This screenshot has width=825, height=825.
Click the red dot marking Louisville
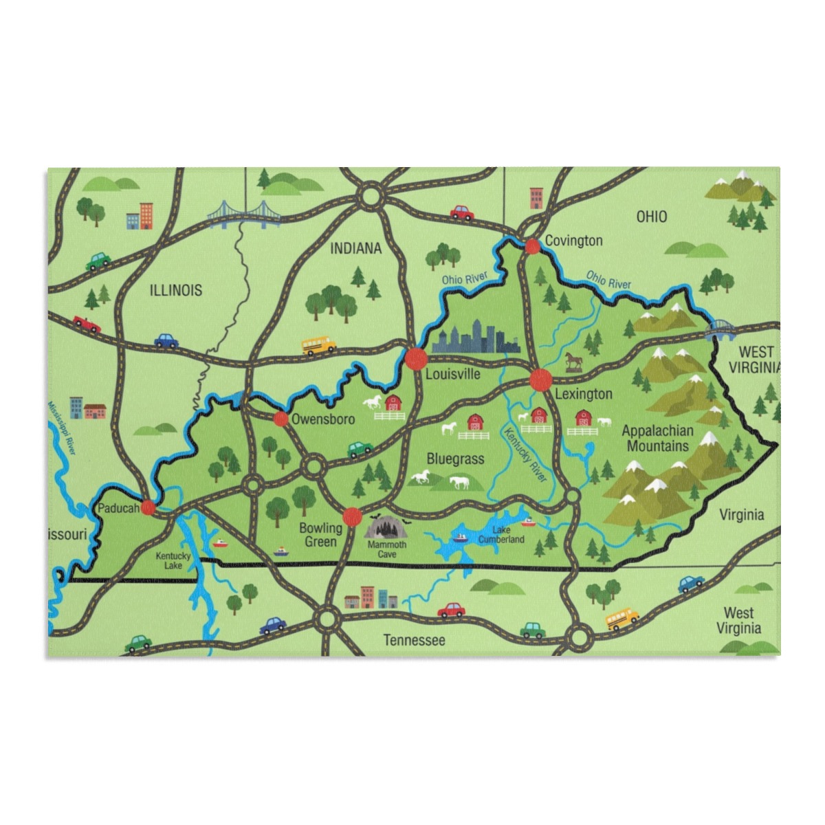tap(416, 358)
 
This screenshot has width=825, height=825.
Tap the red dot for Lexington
tap(540, 379)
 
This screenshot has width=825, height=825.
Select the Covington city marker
tap(532, 246)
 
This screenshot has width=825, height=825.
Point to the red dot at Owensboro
tap(280, 419)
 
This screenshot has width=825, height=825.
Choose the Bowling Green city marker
tap(352, 516)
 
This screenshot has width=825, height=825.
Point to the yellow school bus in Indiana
tap(318, 344)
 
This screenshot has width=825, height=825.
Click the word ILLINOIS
tap(176, 290)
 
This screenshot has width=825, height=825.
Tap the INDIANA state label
tap(355, 248)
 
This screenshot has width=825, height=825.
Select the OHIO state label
tap(651, 217)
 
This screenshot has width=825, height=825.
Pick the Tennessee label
tap(414, 640)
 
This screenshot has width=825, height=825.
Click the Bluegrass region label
tap(455, 459)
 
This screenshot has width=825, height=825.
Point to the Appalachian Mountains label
tap(657, 439)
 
